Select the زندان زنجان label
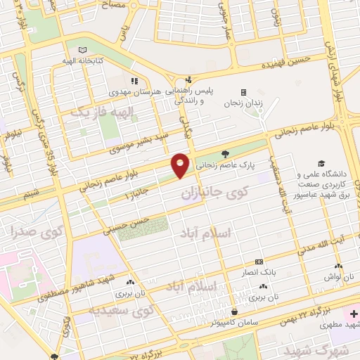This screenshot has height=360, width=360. (243, 103)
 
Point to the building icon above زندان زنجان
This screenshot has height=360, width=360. (243, 91)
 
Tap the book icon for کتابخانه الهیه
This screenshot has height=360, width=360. (84, 50)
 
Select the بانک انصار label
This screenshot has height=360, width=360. (259, 271)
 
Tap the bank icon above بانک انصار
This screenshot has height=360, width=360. (259, 261)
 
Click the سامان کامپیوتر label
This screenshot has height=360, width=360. (235, 322)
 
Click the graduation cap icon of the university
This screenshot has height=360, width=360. (321, 163)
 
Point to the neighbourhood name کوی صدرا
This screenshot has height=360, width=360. (39, 231)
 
